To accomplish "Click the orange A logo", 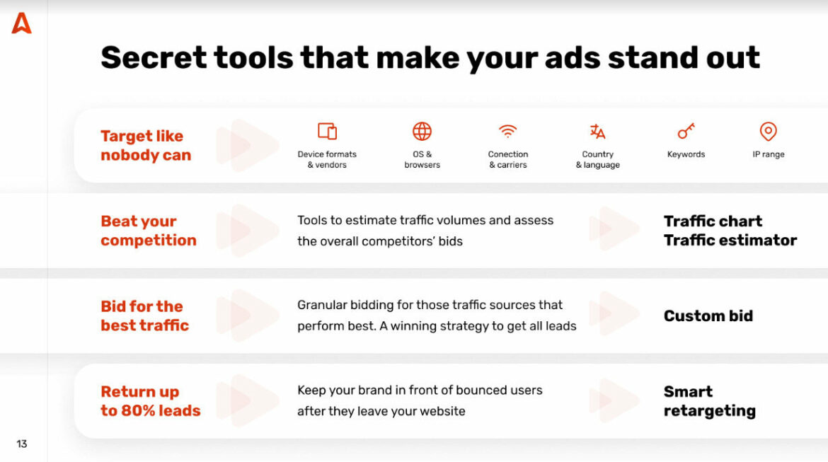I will [x=21, y=23].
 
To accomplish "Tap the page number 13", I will [x=22, y=444].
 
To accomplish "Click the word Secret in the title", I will [x=153, y=57].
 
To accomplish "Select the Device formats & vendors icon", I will [x=327, y=131].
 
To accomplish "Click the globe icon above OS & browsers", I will [x=422, y=131].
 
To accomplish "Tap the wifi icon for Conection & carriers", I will [x=507, y=131].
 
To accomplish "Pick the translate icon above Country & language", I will [x=597, y=131].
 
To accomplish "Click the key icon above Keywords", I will [x=686, y=131].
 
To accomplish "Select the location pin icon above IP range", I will [x=768, y=131].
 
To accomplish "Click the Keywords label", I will [x=686, y=154].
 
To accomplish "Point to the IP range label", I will [x=768, y=154].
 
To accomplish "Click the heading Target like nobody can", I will [x=146, y=146].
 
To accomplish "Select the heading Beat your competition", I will [x=149, y=231].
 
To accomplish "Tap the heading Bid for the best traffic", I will [x=144, y=316].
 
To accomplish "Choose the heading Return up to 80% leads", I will [x=150, y=401].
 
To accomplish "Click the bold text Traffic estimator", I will [x=730, y=241].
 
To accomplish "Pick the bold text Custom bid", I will [x=708, y=316].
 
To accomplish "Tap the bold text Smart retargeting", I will [x=709, y=401].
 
